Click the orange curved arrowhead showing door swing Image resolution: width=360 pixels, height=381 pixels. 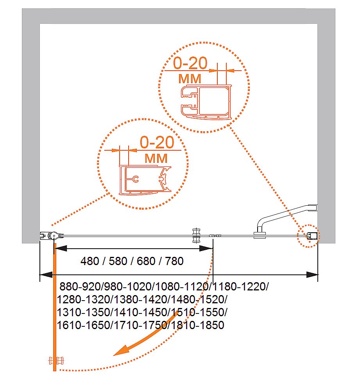(119, 353)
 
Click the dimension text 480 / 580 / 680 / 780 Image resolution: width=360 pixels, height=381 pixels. (132, 261)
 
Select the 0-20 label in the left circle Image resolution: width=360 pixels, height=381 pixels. (156, 142)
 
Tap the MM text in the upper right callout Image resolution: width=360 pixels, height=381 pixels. (190, 78)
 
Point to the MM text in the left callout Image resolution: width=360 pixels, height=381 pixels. (156, 158)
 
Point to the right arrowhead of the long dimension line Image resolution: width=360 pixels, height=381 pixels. (313, 274)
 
